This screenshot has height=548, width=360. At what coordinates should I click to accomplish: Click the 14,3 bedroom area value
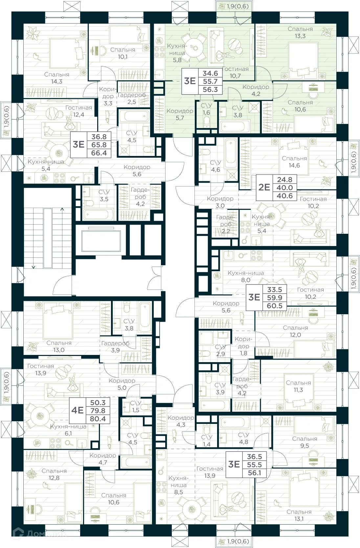[56, 82]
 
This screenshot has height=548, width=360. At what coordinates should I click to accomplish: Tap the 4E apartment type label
[78, 410]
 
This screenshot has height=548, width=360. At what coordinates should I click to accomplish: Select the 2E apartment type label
[264, 187]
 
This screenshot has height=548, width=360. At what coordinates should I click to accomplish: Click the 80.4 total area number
[98, 419]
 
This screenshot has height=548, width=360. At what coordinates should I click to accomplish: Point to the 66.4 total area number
[99, 153]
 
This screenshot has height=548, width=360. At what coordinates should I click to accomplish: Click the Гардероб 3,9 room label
[115, 347]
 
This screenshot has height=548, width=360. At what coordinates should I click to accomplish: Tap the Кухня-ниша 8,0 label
[246, 276]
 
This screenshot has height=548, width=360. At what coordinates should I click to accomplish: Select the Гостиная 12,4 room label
[79, 111]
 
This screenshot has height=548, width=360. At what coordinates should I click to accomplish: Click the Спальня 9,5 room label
[304, 442]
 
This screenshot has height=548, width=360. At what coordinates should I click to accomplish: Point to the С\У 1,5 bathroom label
[136, 406]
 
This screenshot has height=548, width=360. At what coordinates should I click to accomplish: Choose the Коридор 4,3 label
[181, 421]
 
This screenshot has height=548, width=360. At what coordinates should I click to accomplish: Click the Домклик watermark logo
[39, 534]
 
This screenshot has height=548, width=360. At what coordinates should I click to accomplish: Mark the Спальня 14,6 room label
[294, 162]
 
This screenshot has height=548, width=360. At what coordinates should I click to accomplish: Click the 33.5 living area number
[275, 290]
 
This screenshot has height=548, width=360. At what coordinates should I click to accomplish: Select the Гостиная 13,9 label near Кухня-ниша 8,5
[210, 472]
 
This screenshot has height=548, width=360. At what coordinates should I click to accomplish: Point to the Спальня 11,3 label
[298, 386]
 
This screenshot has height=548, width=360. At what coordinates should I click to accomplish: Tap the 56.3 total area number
[210, 90]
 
